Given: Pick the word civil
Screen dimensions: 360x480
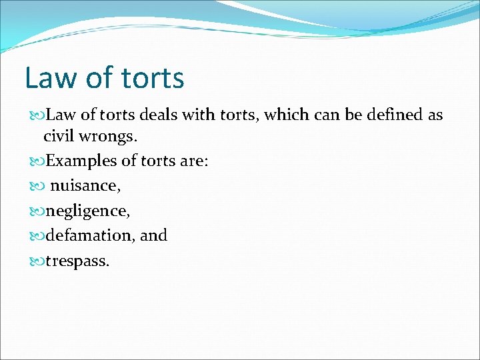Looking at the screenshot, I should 57,137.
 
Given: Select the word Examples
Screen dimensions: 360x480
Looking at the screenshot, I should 79,161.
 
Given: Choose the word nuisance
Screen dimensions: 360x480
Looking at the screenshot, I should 85,186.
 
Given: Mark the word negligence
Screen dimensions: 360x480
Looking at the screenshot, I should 88,211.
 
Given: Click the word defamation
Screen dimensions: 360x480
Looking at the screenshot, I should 91,235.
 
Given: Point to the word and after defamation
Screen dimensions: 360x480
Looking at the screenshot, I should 154,235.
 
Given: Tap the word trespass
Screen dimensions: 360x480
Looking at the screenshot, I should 77,261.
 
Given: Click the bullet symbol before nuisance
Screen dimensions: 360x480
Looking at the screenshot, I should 37,186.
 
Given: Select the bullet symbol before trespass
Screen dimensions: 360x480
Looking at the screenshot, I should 37,261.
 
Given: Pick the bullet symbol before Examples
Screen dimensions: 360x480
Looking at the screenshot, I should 37,161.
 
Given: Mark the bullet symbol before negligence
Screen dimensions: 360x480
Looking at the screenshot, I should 37,211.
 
